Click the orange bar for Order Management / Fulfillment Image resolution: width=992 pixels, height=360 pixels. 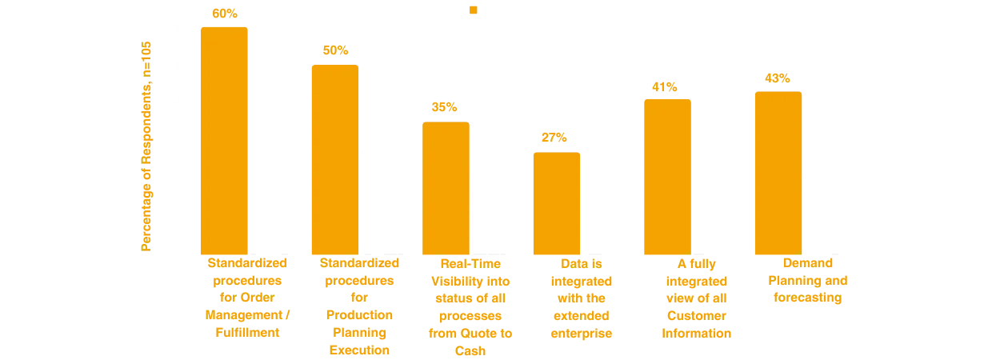[224, 141]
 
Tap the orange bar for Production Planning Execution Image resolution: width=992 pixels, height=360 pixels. [334, 160]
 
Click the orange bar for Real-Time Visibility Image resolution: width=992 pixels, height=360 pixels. [446, 189]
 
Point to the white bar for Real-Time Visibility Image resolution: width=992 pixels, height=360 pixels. [498, 214]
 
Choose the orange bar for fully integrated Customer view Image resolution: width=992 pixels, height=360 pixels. [666, 176]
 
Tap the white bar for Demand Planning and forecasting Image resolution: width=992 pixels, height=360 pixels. [830, 214]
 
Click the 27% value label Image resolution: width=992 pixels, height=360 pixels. [554, 138]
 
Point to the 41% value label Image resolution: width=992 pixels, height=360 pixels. [665, 86]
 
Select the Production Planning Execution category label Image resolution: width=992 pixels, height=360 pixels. [354, 306]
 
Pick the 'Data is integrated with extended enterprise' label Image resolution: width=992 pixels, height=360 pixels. [582, 297]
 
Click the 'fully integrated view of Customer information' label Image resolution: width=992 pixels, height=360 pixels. [694, 297]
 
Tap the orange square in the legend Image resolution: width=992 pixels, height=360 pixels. [474, 9]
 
